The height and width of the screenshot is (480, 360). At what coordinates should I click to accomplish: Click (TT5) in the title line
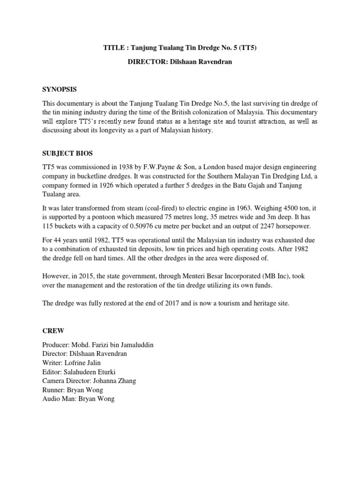pos(245,47)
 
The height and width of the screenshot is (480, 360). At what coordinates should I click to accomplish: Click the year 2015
pos(92,276)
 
